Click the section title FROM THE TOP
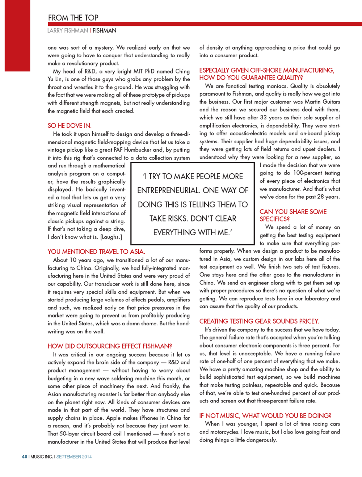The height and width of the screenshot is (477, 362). [73, 18]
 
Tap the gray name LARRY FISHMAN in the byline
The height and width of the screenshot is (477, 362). [68, 31]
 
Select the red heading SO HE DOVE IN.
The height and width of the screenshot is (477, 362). [70, 126]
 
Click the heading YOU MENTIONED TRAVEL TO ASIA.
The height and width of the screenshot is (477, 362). [96, 252]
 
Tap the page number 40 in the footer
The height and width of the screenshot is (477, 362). [24, 457]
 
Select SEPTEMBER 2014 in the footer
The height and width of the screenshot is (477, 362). [74, 457]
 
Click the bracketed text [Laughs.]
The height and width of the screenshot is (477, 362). [111, 237]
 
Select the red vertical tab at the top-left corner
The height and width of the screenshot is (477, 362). [17, 35]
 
